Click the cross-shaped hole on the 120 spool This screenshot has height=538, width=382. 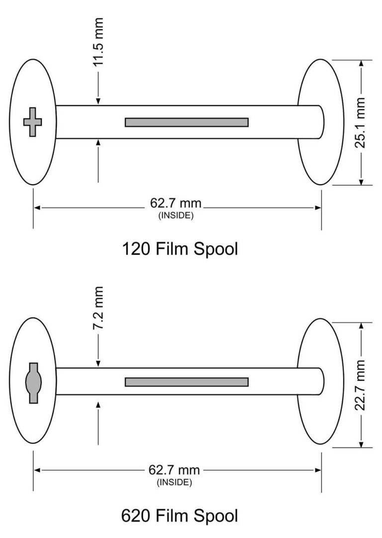pyautogui.click(x=33, y=121)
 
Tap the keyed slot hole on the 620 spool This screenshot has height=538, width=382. pyautogui.click(x=33, y=382)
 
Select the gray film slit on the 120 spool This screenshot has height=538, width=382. pyautogui.click(x=187, y=122)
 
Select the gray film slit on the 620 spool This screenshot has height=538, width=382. pyautogui.click(x=187, y=382)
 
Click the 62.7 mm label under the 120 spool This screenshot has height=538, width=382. pyautogui.click(x=176, y=204)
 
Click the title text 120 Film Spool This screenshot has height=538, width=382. pyautogui.click(x=180, y=249)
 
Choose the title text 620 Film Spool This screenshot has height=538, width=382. pyautogui.click(x=180, y=516)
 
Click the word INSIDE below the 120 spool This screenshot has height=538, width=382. pyautogui.click(x=176, y=215)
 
